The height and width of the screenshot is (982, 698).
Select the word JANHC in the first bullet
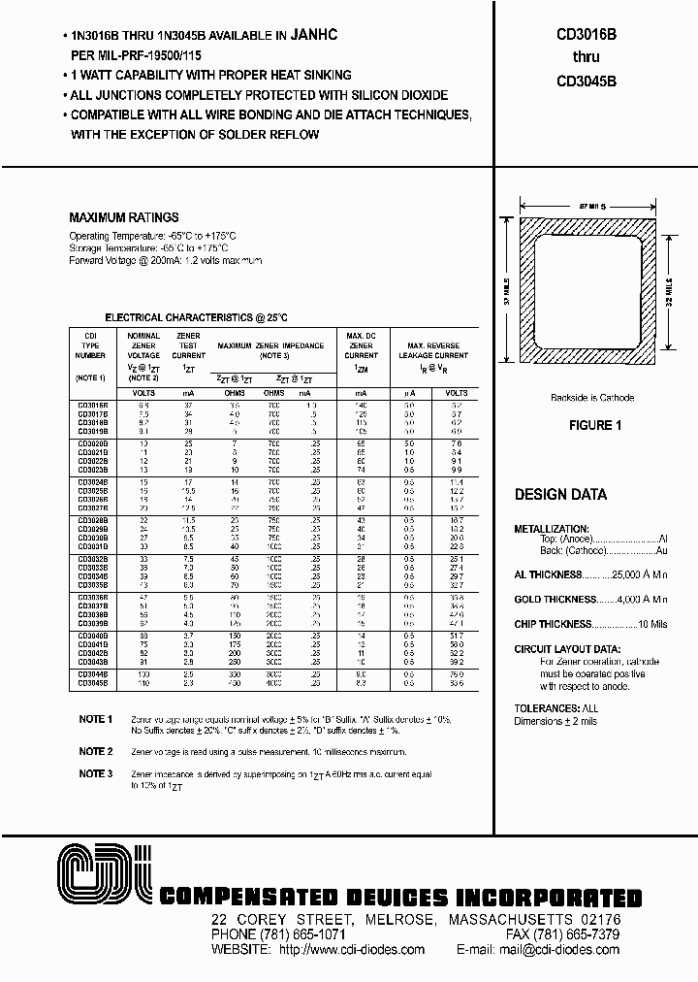click(x=340, y=35)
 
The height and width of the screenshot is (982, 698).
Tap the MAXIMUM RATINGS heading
click(x=124, y=218)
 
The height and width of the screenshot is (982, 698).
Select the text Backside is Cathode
click(x=591, y=398)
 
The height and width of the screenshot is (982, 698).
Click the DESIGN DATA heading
click(x=560, y=495)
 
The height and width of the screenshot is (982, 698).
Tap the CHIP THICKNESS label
click(x=552, y=625)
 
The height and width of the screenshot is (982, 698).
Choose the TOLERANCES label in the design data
click(x=549, y=709)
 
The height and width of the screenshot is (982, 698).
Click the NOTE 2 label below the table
click(x=97, y=752)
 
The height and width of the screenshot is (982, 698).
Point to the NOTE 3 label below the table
click(x=97, y=773)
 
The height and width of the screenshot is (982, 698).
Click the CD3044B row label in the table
click(x=93, y=674)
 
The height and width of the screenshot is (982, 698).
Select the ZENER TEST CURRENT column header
click(x=189, y=345)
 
